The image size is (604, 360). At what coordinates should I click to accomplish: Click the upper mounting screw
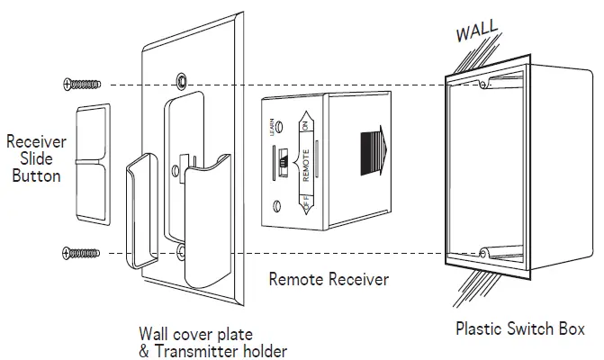point(82,85)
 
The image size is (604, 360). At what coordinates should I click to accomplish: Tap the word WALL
point(477,31)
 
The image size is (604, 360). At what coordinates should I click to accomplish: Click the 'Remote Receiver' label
point(329,280)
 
